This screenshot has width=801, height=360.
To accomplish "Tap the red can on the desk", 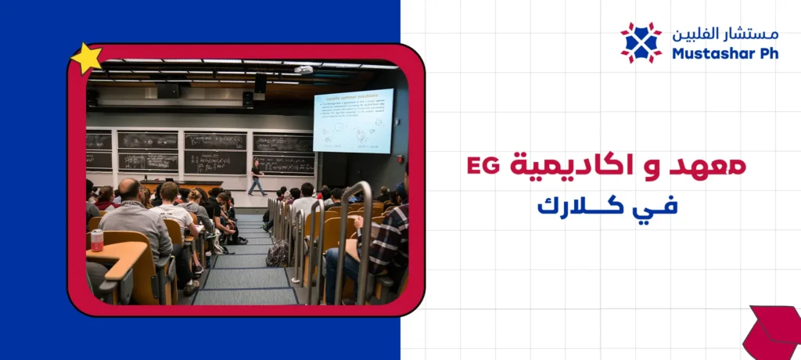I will click(x=97, y=240).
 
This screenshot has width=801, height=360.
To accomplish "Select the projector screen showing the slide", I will click(x=353, y=121).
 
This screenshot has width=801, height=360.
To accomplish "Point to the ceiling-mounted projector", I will click(x=304, y=70).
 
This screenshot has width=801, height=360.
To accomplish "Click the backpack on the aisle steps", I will click(x=277, y=254).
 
